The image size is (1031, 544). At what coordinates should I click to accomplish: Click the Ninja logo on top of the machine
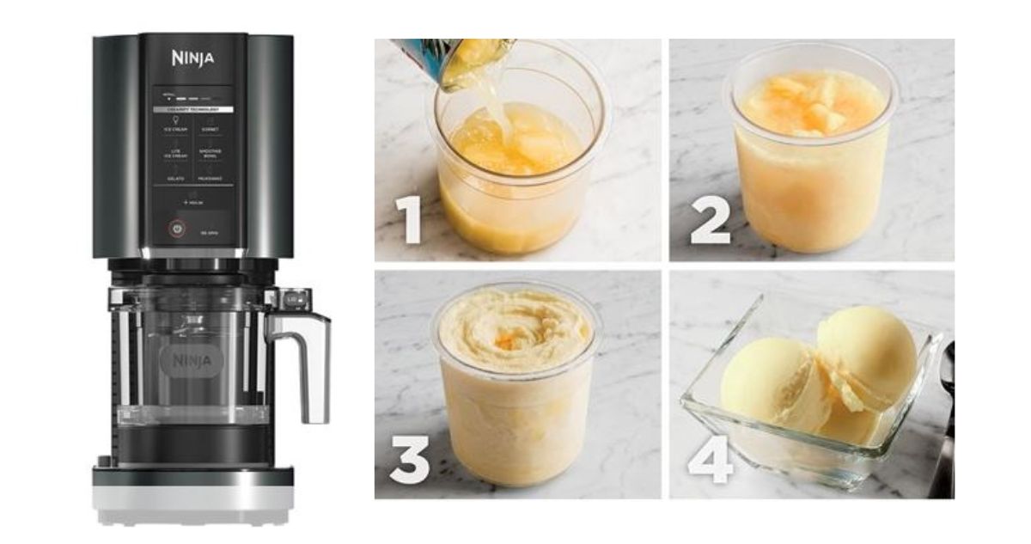(x=193, y=59)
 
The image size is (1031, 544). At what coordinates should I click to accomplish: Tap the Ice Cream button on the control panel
(x=175, y=130)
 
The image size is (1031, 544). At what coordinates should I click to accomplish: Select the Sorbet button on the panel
(x=210, y=130)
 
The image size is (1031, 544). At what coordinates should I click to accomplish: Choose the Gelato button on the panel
(x=175, y=179)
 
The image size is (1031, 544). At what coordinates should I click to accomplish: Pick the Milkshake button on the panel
(x=210, y=179)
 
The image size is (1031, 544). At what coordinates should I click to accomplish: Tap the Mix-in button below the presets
(x=192, y=202)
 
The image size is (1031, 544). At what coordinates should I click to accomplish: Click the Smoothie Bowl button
(x=210, y=154)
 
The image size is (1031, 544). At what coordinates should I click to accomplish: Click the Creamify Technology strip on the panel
(x=192, y=110)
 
